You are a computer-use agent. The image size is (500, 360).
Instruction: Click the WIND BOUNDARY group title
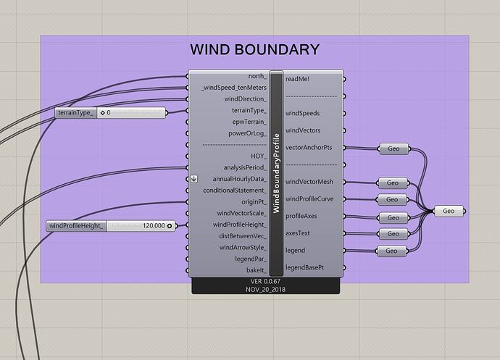[254, 50]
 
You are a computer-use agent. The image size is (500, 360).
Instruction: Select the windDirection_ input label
[245, 99]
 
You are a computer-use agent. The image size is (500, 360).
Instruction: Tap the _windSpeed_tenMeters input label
[234, 88]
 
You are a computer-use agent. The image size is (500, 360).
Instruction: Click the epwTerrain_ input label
[249, 122]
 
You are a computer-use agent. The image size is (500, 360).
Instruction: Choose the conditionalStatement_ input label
[232, 191]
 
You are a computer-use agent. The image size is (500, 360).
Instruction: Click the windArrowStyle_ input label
[241, 248]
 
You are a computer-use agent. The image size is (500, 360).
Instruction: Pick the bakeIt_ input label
[254, 270]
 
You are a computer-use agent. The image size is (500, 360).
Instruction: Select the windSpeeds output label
[303, 113]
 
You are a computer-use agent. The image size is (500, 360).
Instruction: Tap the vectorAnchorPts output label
[309, 148]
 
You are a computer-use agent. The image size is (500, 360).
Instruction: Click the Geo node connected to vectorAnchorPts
[393, 148]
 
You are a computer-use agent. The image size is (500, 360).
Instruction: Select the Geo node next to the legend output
[392, 251]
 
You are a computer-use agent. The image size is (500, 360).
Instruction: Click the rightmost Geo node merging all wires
[449, 211]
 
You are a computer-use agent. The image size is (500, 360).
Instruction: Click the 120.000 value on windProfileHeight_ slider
[153, 226]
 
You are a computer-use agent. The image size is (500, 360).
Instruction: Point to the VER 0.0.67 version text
[265, 281]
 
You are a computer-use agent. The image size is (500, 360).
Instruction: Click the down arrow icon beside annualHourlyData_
[193, 179]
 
